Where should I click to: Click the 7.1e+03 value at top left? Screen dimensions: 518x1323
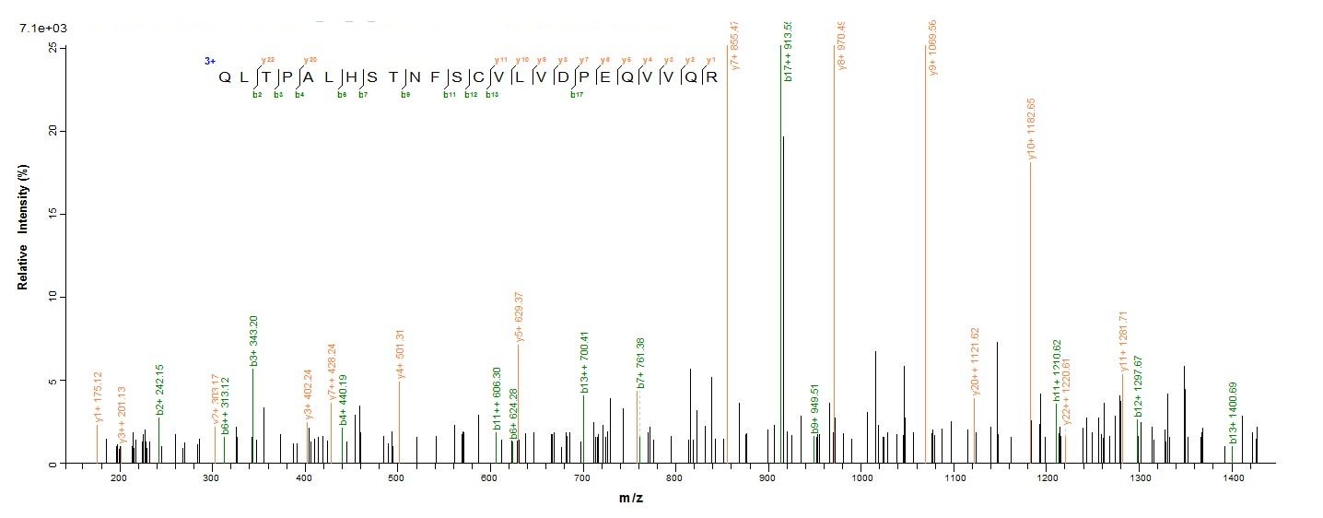pyautogui.click(x=42, y=29)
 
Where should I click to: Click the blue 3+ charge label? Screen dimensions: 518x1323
pyautogui.click(x=210, y=61)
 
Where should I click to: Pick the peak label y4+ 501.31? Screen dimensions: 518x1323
pyautogui.click(x=400, y=351)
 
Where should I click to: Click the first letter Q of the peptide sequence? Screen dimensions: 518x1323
pyautogui.click(x=224, y=77)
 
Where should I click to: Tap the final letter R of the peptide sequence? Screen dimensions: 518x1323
pyautogui.click(x=711, y=77)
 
